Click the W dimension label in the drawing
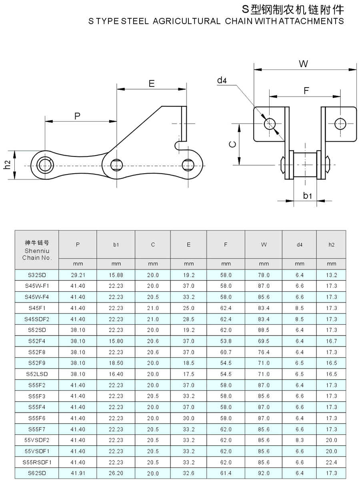point(303,64)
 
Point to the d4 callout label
point(222,80)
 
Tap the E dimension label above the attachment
point(152,83)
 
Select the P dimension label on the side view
point(77,116)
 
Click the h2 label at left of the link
point(8,165)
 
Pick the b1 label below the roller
point(307,195)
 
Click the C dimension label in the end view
point(233,144)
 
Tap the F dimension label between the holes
point(306,90)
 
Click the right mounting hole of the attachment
point(340,124)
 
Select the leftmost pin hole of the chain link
point(45,165)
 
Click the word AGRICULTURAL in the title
point(187,21)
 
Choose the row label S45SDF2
point(37,319)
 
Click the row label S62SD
point(37,473)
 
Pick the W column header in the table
point(264,245)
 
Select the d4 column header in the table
point(300,245)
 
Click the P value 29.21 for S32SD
point(78,275)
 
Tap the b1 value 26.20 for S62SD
point(116,473)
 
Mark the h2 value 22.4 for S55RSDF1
point(332,462)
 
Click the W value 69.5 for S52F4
point(264,341)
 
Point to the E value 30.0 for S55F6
point(189,418)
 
